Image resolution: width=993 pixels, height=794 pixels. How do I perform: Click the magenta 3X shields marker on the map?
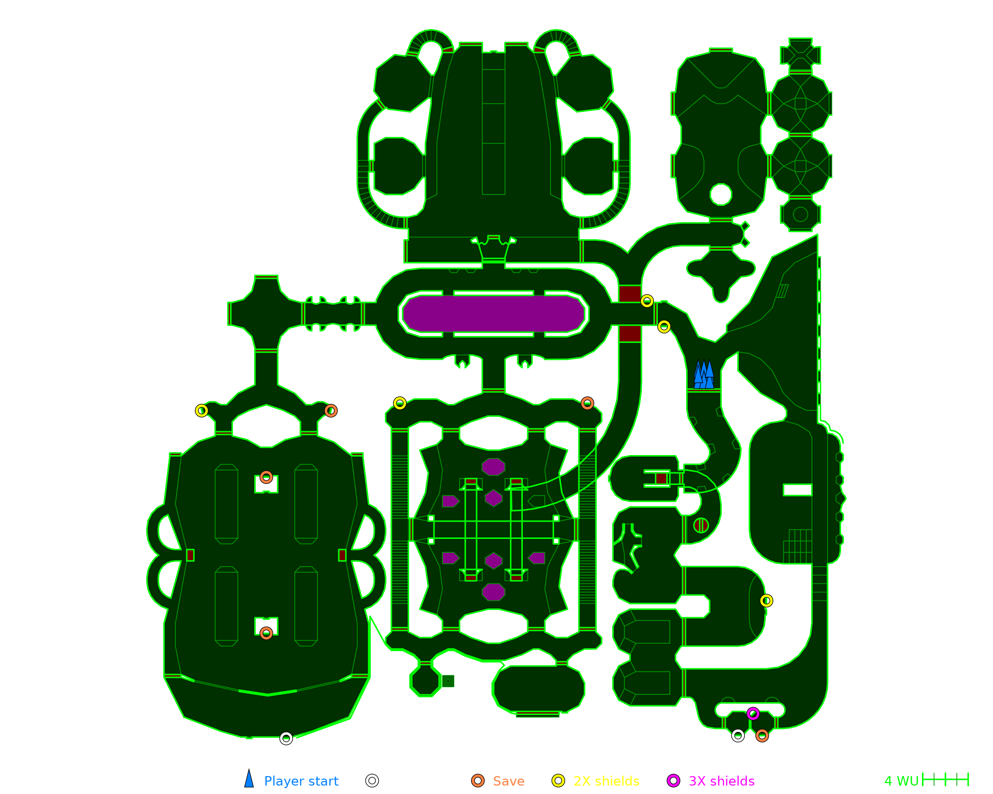tap(753, 714)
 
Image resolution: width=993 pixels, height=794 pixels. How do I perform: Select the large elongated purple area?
tap(494, 314)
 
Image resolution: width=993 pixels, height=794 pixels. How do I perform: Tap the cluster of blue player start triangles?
tap(704, 374)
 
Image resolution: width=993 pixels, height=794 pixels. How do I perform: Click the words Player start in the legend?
tap(301, 781)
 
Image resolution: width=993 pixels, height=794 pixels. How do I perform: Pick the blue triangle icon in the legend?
tap(249, 778)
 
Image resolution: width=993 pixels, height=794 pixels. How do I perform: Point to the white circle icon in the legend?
tap(372, 781)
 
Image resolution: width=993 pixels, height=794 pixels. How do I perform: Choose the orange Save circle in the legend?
tap(478, 781)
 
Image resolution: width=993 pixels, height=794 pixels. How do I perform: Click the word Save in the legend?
tap(508, 781)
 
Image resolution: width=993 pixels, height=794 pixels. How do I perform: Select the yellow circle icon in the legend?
tap(559, 781)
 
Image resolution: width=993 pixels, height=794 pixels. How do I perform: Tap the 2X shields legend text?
tap(606, 781)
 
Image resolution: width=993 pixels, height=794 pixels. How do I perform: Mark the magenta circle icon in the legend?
tap(673, 781)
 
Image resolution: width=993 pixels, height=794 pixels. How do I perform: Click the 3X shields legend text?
tap(721, 781)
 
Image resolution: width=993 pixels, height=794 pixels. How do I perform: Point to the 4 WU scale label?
tap(901, 781)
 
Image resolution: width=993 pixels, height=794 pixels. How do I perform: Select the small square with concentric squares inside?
tap(448, 681)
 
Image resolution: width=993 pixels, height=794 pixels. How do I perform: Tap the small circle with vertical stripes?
tap(701, 525)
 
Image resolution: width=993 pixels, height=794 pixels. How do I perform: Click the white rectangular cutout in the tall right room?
tap(797, 490)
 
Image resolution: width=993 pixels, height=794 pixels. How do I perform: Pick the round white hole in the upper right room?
tap(720, 194)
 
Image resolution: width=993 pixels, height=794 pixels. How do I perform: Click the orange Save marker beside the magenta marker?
tap(762, 735)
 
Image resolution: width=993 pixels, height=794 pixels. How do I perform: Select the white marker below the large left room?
tap(286, 738)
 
